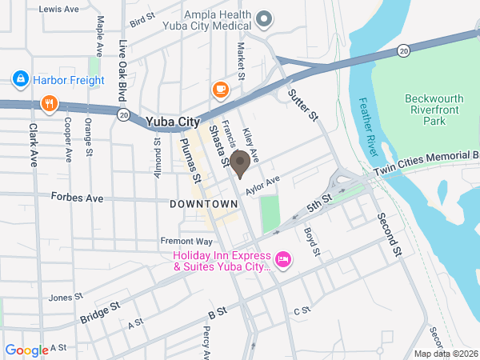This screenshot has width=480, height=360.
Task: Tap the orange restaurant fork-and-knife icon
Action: click(x=50, y=103)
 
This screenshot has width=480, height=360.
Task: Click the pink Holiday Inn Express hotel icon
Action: click(x=282, y=258)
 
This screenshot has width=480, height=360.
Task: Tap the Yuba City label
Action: click(x=172, y=122)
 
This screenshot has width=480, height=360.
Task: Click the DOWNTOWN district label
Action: click(x=204, y=205)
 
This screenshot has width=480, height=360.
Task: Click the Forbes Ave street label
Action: click(x=77, y=196)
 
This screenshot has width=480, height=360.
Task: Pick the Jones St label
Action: click(x=61, y=298)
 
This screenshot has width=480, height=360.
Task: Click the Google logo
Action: click(x=26, y=350)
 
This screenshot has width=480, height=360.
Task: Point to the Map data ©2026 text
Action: click(x=445, y=353)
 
